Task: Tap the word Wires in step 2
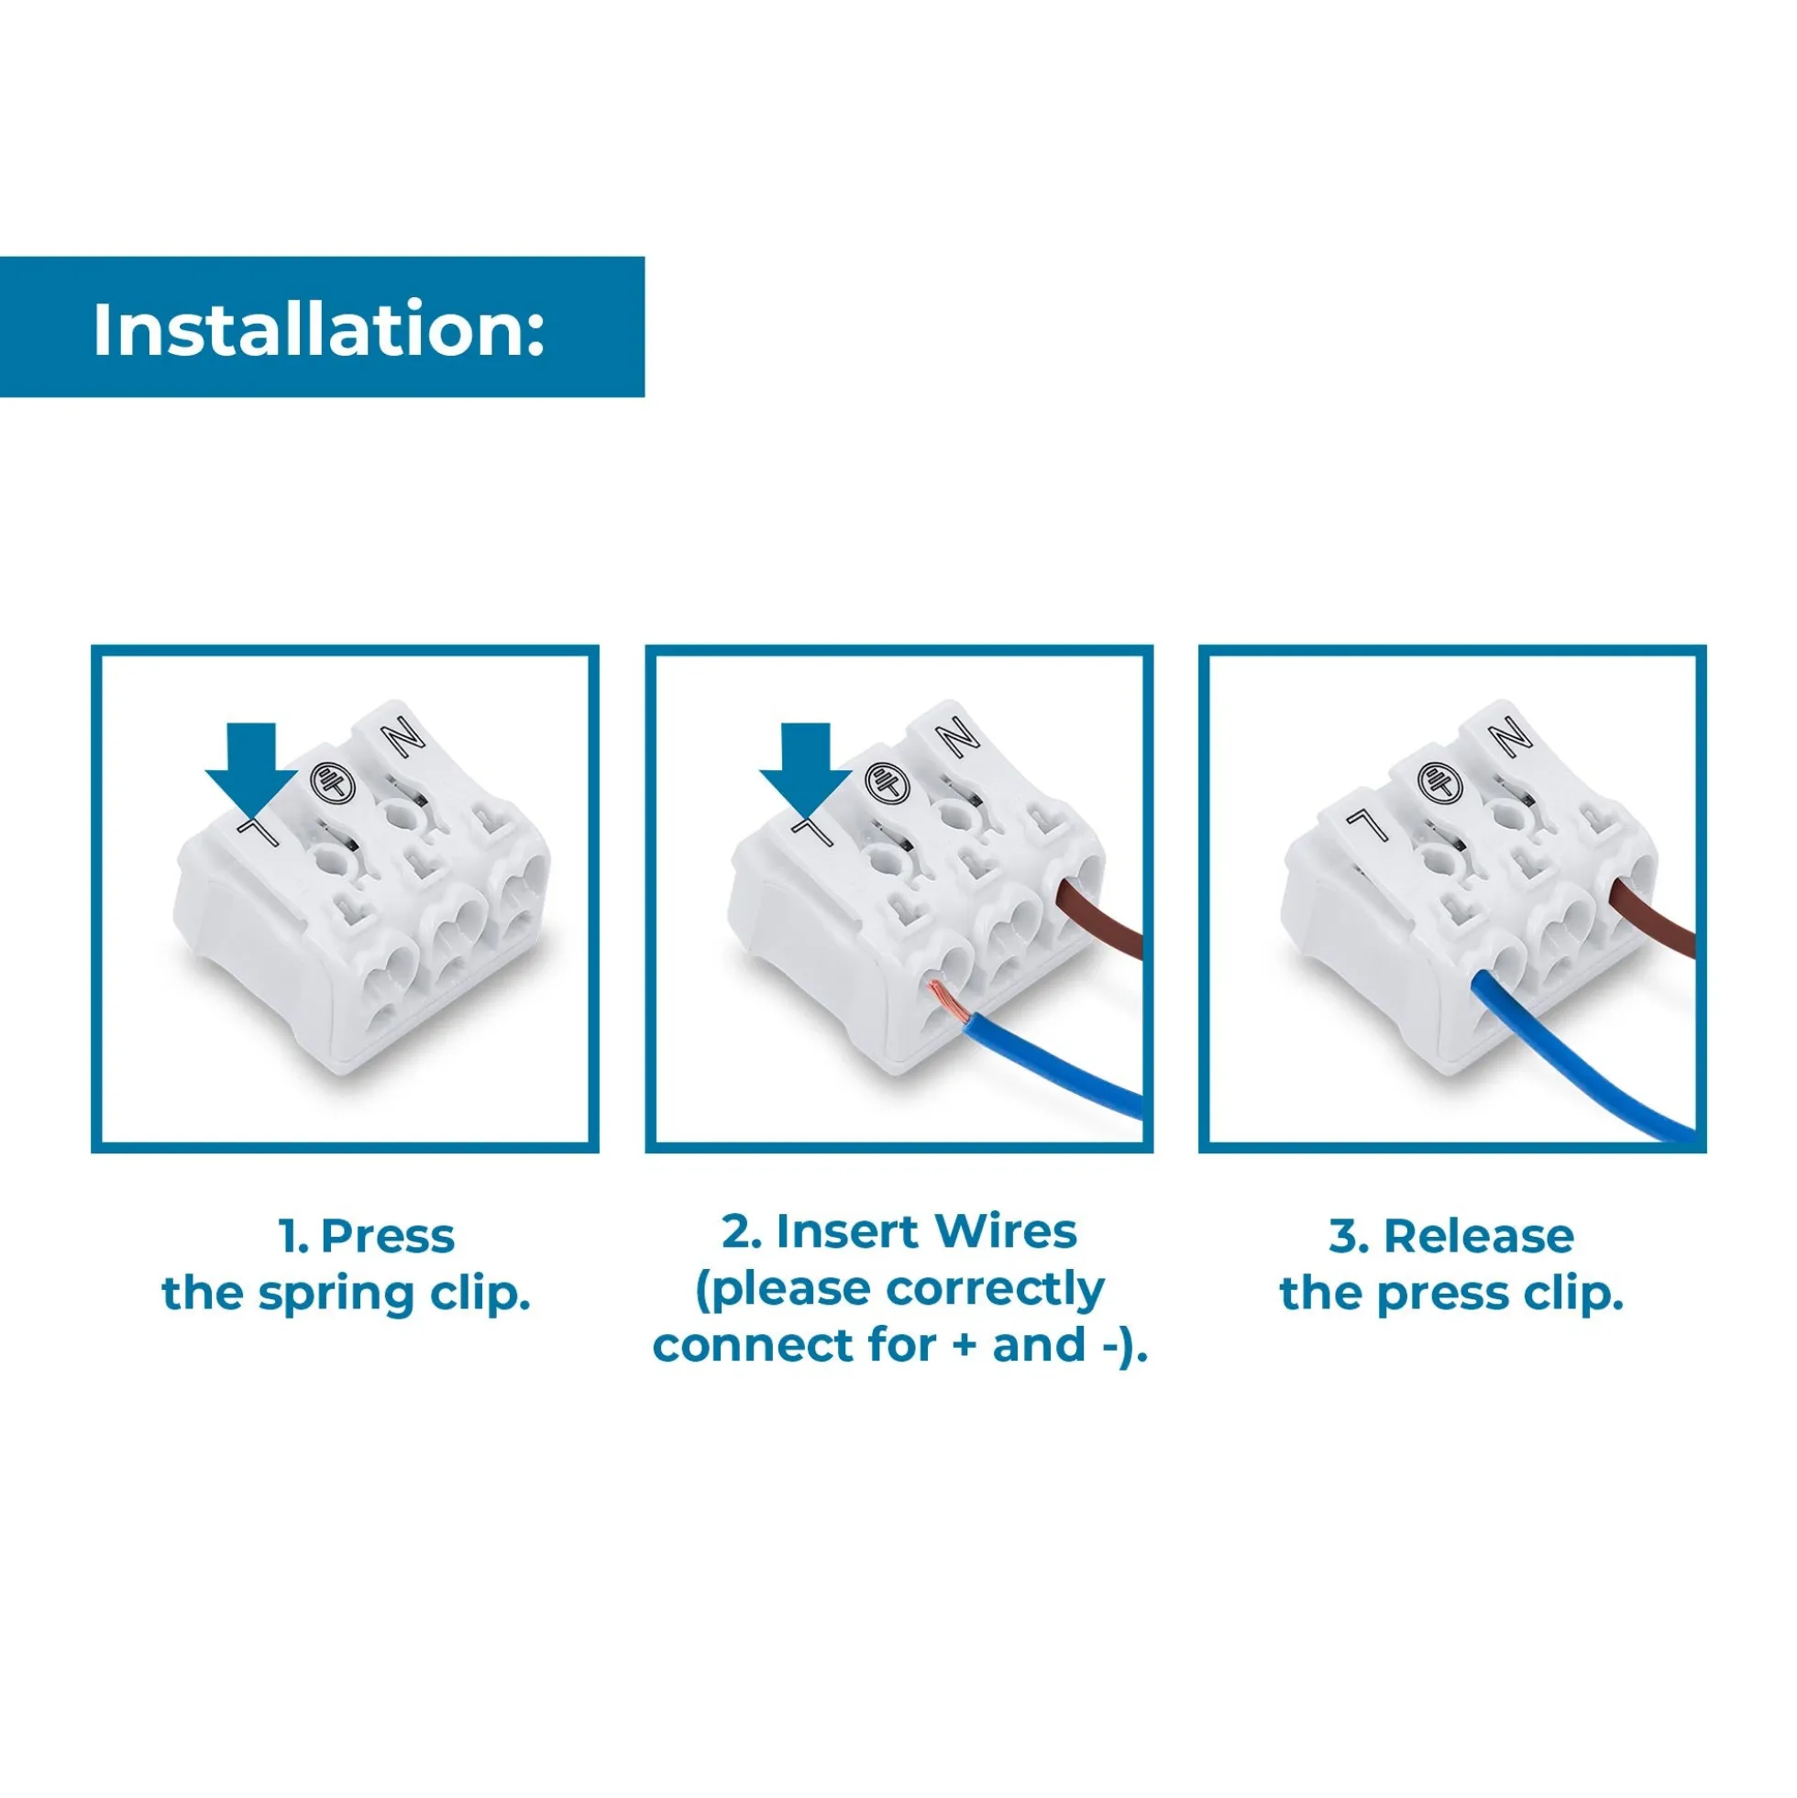[1005, 1231]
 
